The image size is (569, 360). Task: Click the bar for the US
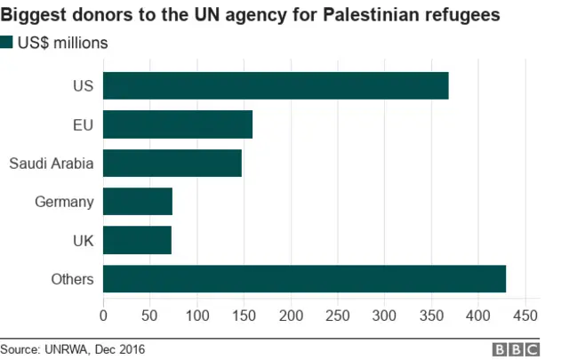[276, 86]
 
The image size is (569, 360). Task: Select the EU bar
[178, 124]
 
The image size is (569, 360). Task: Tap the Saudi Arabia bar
[172, 164]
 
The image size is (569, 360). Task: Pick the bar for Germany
[138, 202]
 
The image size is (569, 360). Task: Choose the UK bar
[137, 240]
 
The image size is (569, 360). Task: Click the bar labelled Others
[304, 279]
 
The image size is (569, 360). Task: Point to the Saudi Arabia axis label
[51, 164]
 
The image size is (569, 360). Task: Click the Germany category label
[64, 202]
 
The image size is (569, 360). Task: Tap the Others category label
[73, 279]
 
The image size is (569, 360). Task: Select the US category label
[83, 86]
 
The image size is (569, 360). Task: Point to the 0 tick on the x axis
[103, 315]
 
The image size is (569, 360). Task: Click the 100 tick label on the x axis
[197, 315]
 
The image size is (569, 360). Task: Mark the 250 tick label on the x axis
[338, 315]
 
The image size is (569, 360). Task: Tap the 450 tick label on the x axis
[525, 315]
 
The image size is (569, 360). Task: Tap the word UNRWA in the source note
[68, 349]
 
